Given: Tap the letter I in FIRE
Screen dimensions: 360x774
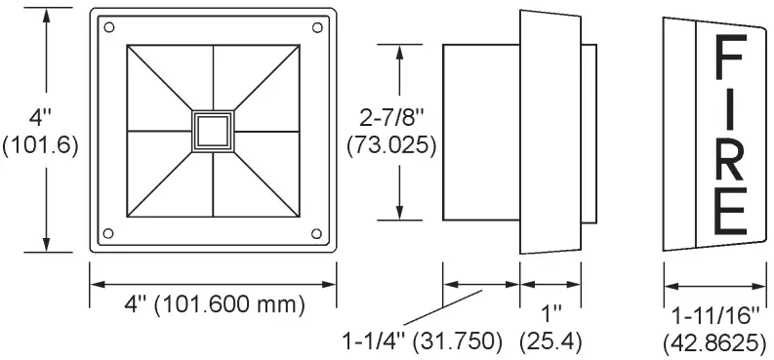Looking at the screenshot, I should [732, 109].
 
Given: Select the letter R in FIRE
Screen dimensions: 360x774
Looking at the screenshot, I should [732, 158].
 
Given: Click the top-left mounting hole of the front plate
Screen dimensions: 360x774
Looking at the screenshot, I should [108, 26].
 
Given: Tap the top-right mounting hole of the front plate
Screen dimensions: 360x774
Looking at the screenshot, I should [317, 26].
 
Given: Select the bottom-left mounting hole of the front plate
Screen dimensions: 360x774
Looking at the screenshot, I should [108, 232].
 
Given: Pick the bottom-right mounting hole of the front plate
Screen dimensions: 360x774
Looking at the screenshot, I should [317, 232].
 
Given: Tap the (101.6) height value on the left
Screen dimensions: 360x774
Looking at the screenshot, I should [41, 143].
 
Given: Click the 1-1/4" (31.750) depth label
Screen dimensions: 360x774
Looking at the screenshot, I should [421, 341].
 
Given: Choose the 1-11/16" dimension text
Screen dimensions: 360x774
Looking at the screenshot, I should [715, 317].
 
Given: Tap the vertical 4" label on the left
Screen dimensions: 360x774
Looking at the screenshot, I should [40, 118].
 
